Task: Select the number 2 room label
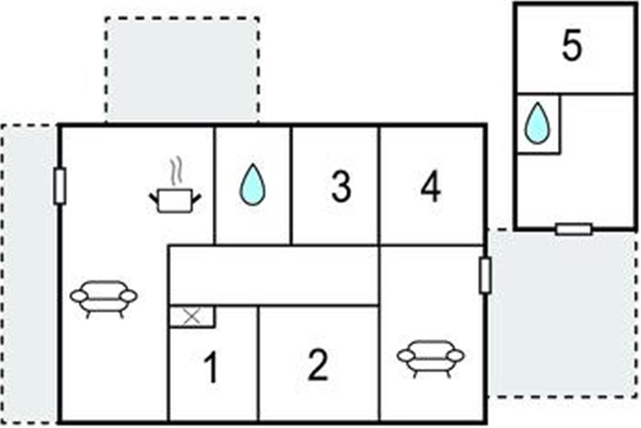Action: (x=318, y=365)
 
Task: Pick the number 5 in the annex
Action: (x=572, y=47)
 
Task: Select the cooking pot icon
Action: (x=175, y=201)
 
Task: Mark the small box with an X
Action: (x=191, y=317)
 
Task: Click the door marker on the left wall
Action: (x=60, y=186)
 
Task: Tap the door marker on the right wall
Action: (x=485, y=275)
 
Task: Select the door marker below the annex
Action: (x=574, y=230)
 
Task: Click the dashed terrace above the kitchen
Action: (x=182, y=70)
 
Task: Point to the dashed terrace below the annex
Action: (x=564, y=316)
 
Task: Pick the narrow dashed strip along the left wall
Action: (x=29, y=273)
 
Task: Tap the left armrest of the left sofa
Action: (x=79, y=295)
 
